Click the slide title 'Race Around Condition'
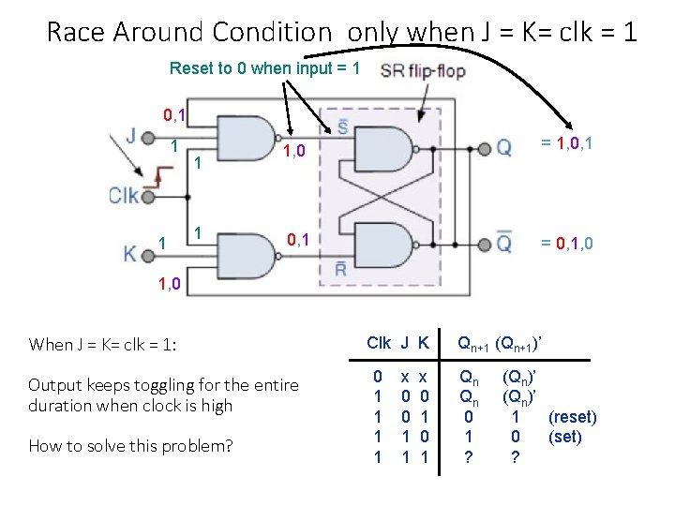188,32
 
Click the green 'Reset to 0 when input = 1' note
264,68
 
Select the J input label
130,137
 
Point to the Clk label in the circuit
125,196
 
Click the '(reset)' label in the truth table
572,417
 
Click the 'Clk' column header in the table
379,343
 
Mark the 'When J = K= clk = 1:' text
102,344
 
